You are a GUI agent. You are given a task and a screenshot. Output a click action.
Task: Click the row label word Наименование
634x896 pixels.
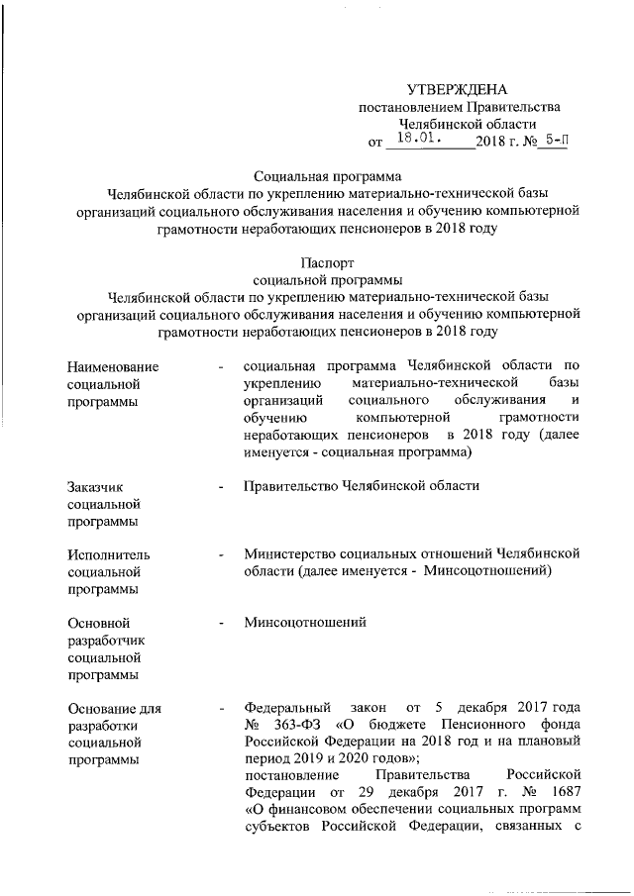113,368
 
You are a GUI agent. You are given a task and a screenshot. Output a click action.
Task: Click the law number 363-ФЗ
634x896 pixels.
297,725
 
